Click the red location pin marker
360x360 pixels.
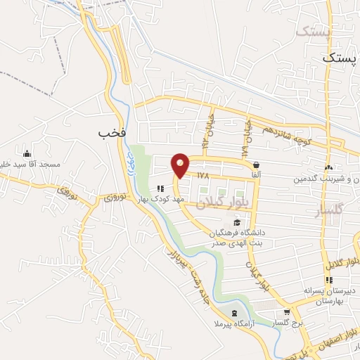pos(181,165)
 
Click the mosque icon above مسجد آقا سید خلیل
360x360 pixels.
pos(27,154)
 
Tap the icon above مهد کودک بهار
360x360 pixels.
pos(161,188)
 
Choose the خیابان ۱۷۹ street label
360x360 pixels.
pos(245,136)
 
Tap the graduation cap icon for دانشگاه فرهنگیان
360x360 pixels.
pos(236,223)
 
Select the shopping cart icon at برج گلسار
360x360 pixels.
pos(286,313)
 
